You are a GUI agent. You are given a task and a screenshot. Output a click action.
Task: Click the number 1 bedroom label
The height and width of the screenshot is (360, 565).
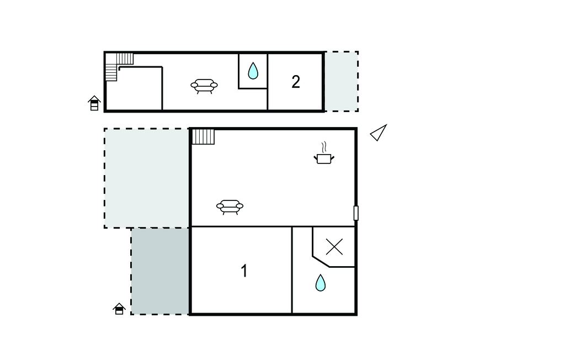[244, 271]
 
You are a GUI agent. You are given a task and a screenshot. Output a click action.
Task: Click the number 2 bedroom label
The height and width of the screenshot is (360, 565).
[296, 82]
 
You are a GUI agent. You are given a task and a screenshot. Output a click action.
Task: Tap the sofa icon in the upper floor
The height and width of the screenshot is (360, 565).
[204, 86]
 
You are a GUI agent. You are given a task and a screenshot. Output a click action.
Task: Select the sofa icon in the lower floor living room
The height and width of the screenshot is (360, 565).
[230, 207]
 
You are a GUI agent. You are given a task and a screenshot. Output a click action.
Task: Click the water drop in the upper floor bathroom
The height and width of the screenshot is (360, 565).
[253, 71]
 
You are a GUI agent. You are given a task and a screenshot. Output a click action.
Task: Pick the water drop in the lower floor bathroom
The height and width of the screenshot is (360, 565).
[320, 283]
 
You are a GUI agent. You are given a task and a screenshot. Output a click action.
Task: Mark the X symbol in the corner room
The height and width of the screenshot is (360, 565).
[334, 247]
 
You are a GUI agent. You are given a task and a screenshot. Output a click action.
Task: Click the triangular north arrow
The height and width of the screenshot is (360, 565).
[379, 133]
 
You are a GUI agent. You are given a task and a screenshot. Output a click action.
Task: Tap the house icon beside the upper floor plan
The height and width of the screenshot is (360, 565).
[94, 103]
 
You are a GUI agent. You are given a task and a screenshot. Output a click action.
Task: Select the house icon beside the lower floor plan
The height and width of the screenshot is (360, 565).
[119, 309]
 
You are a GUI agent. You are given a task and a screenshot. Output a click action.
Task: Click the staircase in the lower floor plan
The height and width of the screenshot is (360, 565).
[203, 136]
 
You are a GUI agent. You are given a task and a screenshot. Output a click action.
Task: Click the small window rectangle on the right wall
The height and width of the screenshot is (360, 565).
[356, 213]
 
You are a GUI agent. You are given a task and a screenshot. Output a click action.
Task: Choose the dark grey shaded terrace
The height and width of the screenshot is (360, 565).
[161, 271]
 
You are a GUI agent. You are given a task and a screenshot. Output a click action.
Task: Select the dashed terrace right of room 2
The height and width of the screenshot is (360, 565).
[341, 82]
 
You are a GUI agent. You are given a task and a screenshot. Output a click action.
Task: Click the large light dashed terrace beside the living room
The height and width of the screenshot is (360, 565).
[147, 178]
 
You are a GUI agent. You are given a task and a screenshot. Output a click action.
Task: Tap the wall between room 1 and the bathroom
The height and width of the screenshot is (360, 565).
[292, 270]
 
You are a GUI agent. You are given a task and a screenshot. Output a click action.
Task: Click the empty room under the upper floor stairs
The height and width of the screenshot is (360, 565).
[140, 89]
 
